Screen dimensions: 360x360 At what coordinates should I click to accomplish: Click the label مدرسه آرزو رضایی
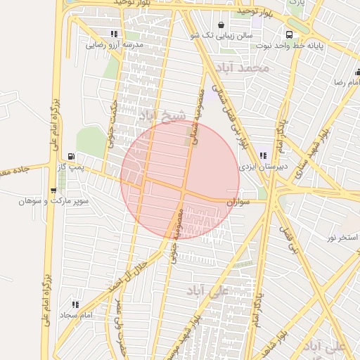pos(114,44)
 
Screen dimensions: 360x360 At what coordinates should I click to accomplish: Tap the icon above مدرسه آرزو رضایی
pos(114,34)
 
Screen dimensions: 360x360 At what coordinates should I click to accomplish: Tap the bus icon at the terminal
pos(289,34)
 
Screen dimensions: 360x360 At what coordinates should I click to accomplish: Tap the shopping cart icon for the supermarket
pos(53,191)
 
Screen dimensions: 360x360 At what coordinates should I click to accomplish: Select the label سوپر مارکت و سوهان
pos(53,201)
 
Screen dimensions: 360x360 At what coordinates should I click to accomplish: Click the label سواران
pos(238,202)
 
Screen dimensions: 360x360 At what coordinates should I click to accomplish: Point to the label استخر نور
pos(342,238)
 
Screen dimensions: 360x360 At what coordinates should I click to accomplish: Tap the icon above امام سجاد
pos(75,304)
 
